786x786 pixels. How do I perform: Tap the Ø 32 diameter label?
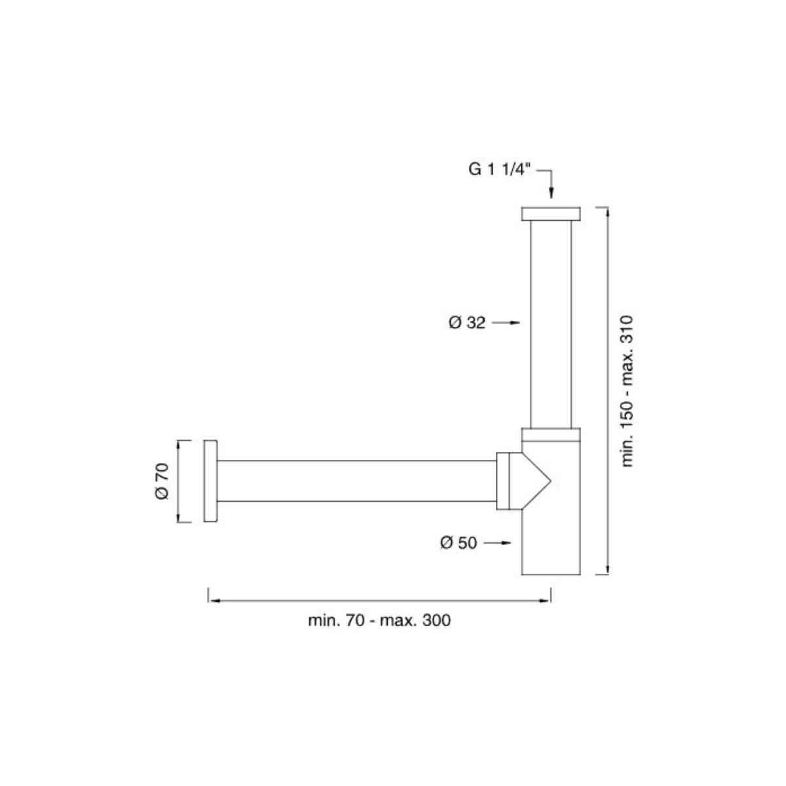(467, 322)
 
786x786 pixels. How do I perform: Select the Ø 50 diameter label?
(458, 542)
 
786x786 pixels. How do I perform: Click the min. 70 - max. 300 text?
(379, 620)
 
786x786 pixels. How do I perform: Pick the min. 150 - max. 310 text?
(628, 390)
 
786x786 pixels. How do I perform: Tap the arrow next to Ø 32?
(506, 322)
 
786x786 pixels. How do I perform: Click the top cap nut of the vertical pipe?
(551, 214)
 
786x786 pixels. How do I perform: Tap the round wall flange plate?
(210, 481)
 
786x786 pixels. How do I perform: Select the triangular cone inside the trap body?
(537, 481)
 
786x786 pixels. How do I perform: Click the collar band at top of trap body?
(551, 437)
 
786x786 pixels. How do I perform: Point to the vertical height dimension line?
(608, 390)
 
